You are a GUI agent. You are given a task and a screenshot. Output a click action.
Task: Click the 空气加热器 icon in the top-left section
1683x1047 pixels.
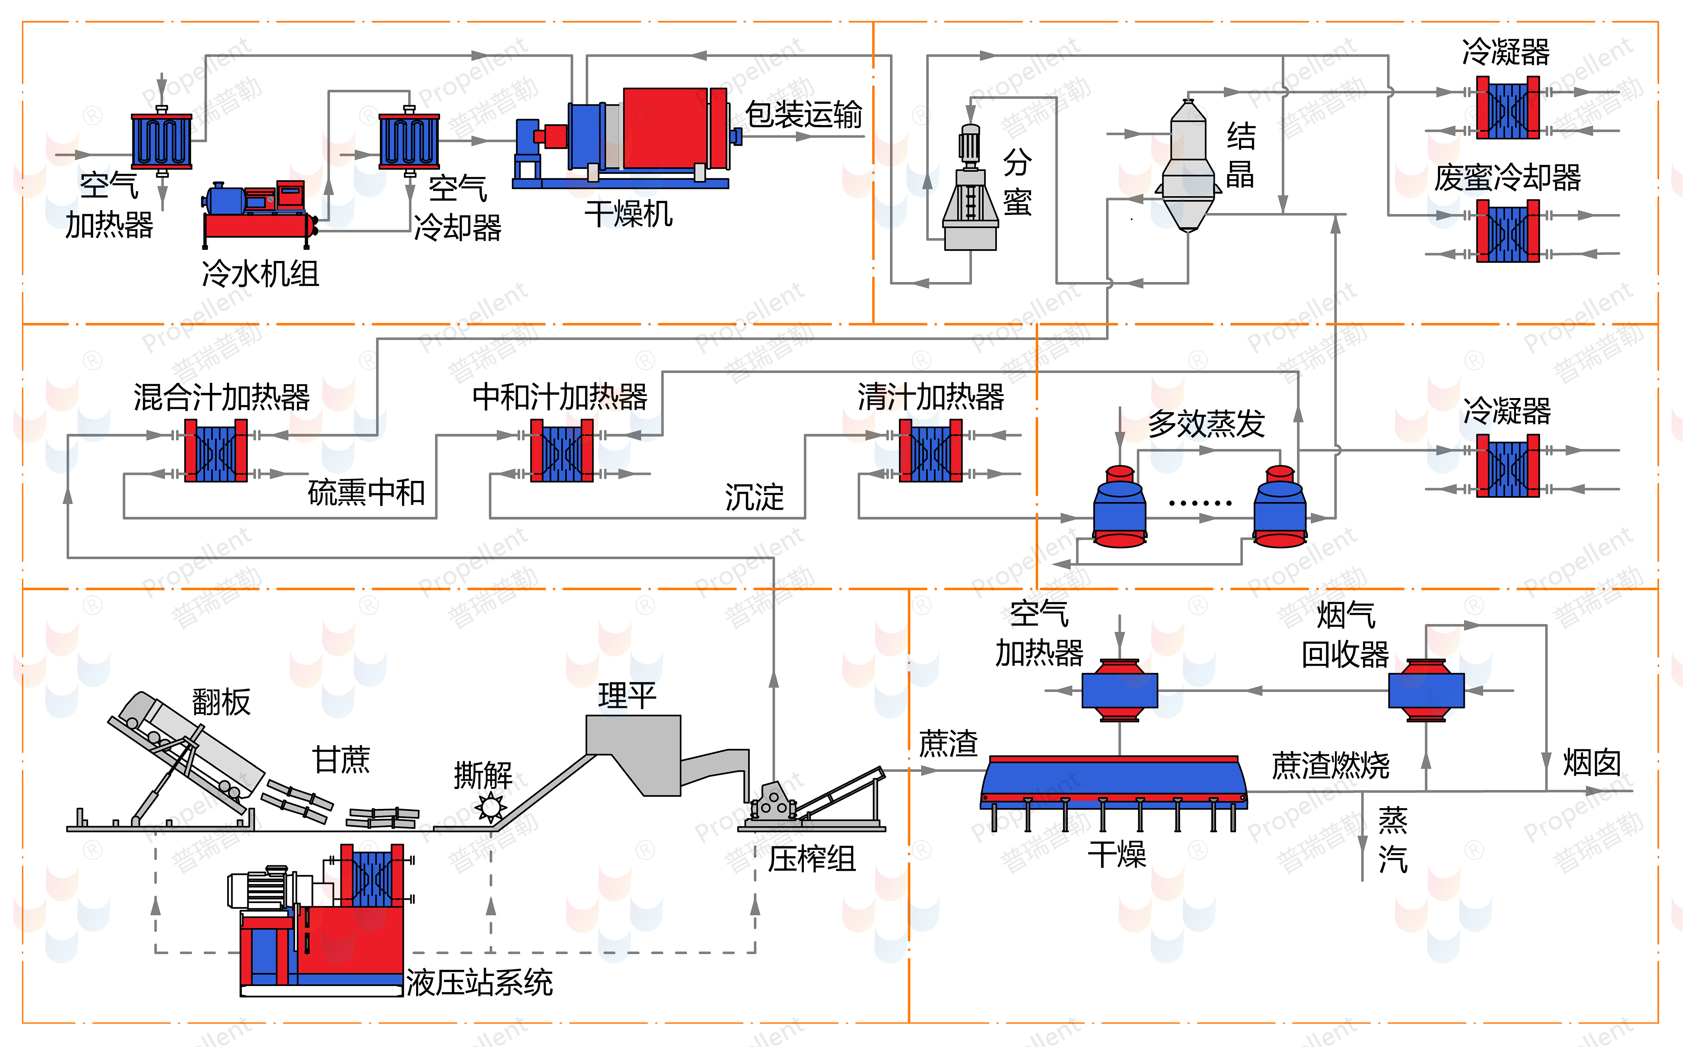161,140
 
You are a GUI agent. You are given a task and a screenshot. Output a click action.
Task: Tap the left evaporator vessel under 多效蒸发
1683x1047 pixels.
1119,509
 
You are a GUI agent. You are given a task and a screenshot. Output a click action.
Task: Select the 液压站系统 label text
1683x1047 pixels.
479,982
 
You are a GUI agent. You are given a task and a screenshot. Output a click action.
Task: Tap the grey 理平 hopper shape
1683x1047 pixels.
633,748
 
